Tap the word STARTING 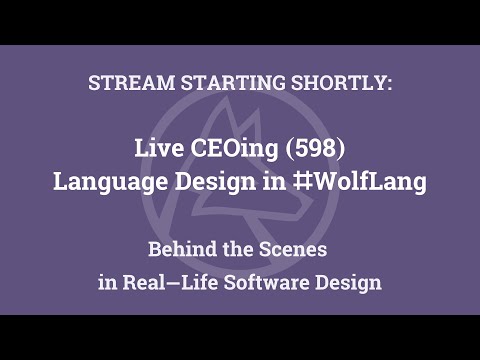(211, 83)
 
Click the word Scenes (303, 247)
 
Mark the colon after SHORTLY (390, 84)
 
